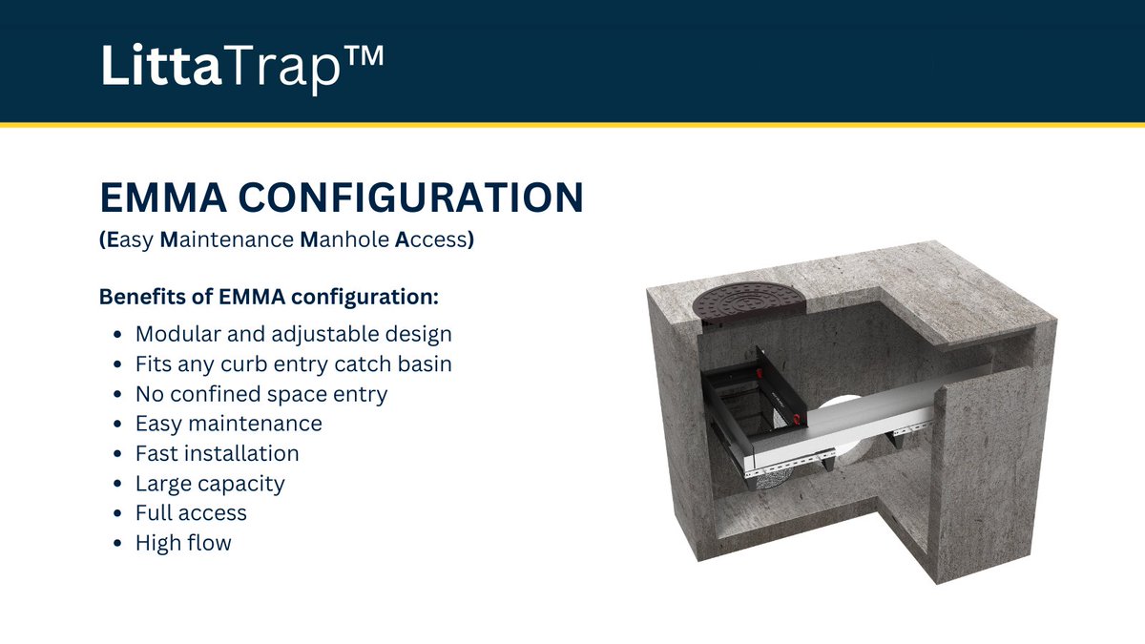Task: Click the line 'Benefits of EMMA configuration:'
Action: (268, 297)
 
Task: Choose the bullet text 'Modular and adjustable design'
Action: (293, 335)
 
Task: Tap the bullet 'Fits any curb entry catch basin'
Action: (293, 364)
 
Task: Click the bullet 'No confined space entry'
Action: (260, 394)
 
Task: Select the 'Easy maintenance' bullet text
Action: (228, 424)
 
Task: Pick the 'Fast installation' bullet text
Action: (217, 453)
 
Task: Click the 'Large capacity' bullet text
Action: (210, 484)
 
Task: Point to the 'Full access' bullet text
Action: (191, 513)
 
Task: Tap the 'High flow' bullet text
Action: (183, 543)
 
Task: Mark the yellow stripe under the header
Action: (572, 124)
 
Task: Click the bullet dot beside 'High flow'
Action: (116, 544)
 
